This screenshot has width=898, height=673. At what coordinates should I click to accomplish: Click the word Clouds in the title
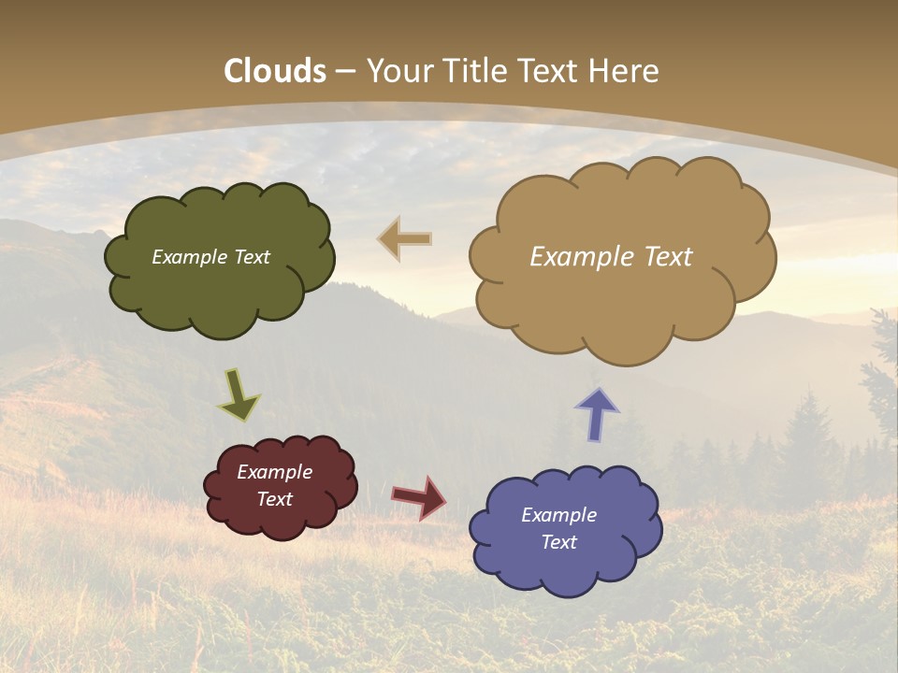275,71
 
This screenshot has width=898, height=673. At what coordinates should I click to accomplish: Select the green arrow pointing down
239,394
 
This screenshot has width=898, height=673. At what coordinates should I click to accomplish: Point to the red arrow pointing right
419,496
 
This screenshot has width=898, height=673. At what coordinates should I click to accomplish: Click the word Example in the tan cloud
581,257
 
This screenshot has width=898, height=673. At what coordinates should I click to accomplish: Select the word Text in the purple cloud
558,542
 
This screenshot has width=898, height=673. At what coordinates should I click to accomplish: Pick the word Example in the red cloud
274,472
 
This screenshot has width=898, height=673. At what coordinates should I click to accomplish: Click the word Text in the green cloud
251,257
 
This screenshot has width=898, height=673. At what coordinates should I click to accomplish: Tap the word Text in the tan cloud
666,257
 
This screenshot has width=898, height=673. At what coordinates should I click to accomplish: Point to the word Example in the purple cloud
558,515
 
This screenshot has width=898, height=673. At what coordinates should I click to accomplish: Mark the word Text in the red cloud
274,499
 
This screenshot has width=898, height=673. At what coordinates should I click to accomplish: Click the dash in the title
345,71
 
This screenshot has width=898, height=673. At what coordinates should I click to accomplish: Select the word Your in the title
397,71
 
